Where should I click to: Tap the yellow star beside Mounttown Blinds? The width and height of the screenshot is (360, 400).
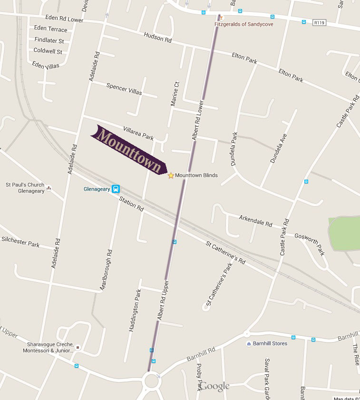(171, 176)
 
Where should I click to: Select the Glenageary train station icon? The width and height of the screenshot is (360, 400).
(116, 189)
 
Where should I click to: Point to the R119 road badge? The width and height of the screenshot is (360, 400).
(319, 22)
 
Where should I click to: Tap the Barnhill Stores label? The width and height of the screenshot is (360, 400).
(270, 343)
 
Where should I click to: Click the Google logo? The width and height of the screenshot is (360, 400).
(214, 386)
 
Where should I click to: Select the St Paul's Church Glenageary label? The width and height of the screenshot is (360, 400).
(25, 188)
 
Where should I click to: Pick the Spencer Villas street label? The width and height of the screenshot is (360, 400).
(124, 89)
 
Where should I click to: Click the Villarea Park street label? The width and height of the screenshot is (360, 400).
(138, 133)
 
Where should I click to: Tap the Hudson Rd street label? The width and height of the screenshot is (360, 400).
(157, 38)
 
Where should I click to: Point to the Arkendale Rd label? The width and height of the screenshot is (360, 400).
(255, 220)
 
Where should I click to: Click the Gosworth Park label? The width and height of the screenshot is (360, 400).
(309, 244)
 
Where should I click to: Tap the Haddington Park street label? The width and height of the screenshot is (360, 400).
(135, 310)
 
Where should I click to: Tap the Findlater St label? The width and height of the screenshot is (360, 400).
(49, 41)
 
